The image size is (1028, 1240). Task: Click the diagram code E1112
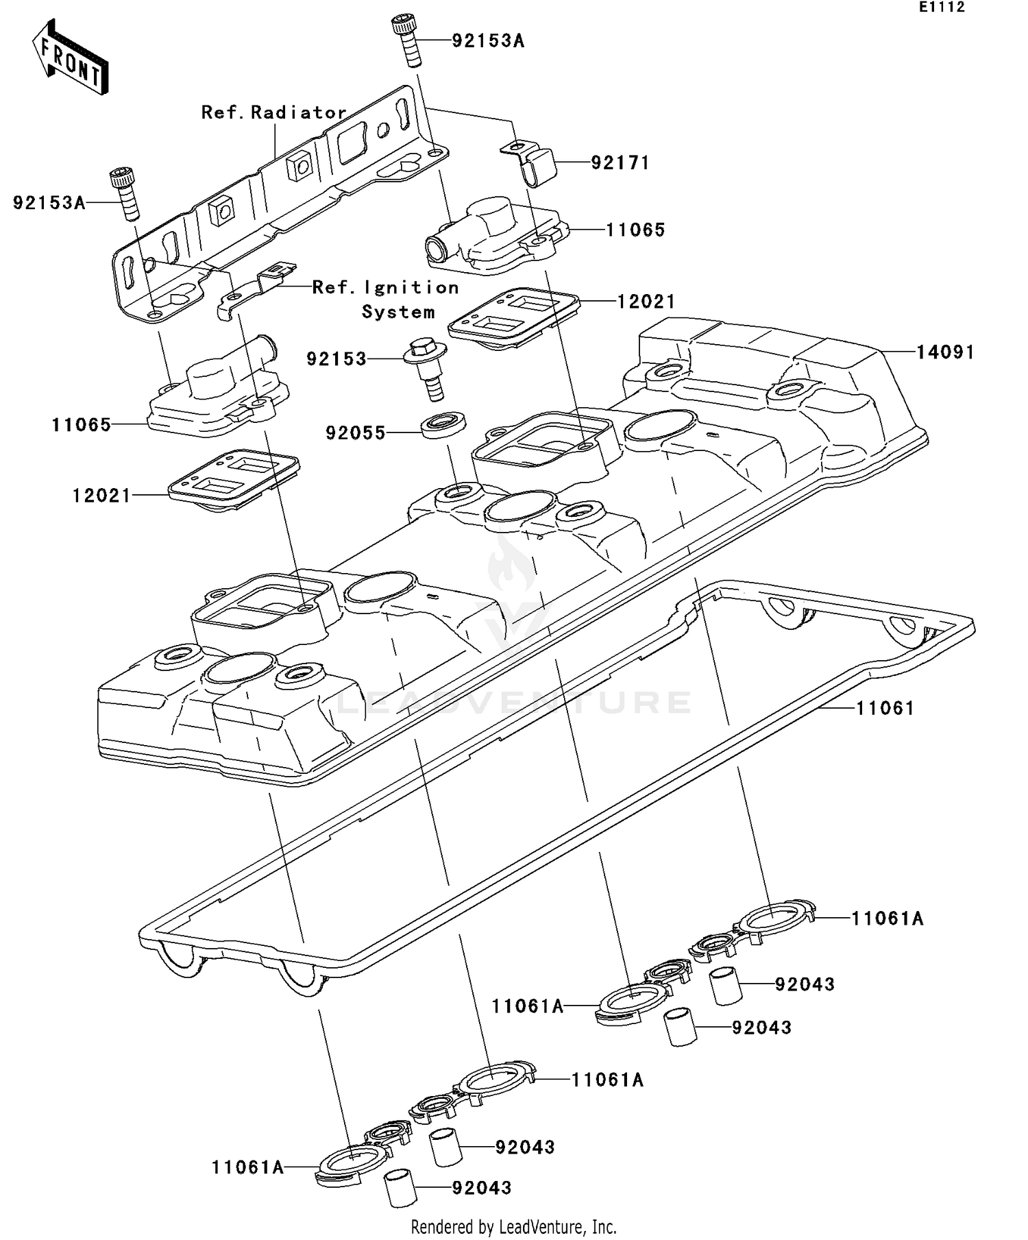(942, 8)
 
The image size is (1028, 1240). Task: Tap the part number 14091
(945, 352)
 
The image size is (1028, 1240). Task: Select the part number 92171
(620, 163)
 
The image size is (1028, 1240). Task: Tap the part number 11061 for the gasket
(885, 708)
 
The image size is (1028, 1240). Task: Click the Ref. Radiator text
(273, 112)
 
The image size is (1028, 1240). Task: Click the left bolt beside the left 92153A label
(124, 193)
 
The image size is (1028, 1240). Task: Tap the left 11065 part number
(81, 425)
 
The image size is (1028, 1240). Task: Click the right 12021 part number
(646, 302)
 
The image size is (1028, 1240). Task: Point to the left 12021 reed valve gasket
(233, 480)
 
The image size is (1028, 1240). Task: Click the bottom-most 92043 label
(481, 1188)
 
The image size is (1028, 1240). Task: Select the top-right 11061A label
(887, 919)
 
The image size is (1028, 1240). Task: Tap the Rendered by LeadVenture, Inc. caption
(513, 1226)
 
